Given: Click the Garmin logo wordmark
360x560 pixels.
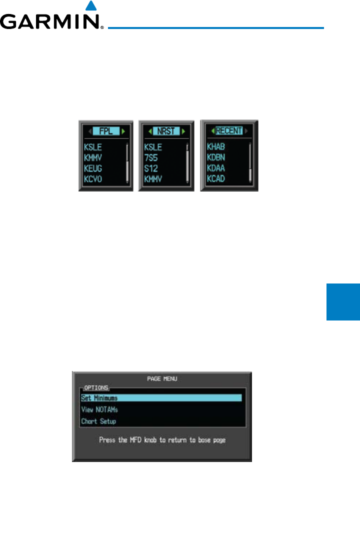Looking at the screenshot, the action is click(x=50, y=22).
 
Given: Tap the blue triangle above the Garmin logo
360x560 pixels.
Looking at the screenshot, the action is click(x=90, y=6).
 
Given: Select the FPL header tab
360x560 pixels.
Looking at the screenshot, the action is click(x=105, y=131).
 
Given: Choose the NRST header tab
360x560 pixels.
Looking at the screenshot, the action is click(x=166, y=131).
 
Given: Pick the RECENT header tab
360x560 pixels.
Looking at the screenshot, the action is click(x=229, y=131).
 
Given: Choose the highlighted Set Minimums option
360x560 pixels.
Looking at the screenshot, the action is click(x=161, y=398).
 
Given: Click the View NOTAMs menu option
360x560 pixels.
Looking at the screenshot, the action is click(x=99, y=409).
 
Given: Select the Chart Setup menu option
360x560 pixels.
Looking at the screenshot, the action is click(x=98, y=421).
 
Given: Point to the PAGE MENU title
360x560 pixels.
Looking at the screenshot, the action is click(x=162, y=378).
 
